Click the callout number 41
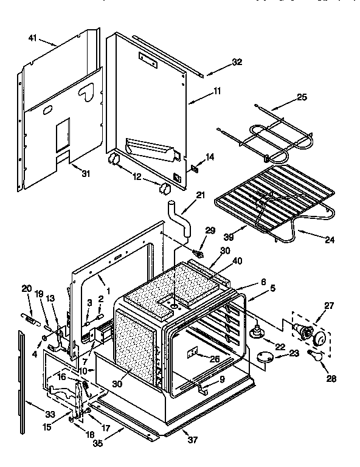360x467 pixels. pos(32,39)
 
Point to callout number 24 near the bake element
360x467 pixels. pos(329,240)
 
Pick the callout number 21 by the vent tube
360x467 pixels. pos(200,195)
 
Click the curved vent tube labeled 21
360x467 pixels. pos(179,218)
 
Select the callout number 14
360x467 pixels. pos(210,157)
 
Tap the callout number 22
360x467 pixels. pos(280,346)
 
